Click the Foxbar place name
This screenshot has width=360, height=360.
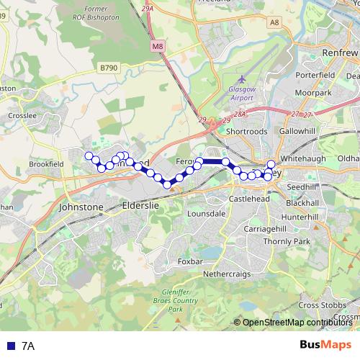[190, 261]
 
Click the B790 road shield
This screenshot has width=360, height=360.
[108, 68]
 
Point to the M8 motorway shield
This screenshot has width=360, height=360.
[158, 46]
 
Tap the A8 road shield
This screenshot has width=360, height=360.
[274, 22]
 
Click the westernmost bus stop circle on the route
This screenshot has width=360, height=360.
[89, 156]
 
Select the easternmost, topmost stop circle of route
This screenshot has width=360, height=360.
[271, 164]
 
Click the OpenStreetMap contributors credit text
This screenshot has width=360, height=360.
[297, 323]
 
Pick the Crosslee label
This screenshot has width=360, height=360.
[17, 115]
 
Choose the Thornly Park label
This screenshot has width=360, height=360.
[286, 241]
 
